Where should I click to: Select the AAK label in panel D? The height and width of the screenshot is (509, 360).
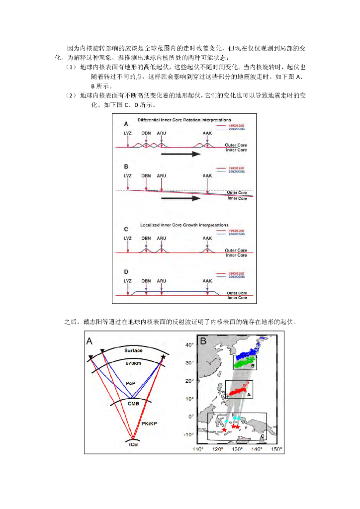click(x=207, y=281)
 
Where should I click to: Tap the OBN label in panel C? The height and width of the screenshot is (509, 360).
click(x=146, y=238)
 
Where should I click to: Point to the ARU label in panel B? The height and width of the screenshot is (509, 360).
click(x=162, y=175)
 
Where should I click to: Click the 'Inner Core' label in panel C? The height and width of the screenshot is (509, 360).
click(x=237, y=255)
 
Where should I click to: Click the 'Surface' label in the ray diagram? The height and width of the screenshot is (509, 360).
click(x=133, y=350)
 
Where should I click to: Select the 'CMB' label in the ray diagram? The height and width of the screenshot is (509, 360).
click(x=133, y=404)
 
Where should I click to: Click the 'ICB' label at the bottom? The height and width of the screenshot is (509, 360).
click(x=133, y=444)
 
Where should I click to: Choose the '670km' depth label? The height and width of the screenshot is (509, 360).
click(x=134, y=363)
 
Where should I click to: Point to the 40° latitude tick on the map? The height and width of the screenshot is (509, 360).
click(x=189, y=344)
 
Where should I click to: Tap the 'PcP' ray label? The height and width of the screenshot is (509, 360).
click(x=130, y=383)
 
